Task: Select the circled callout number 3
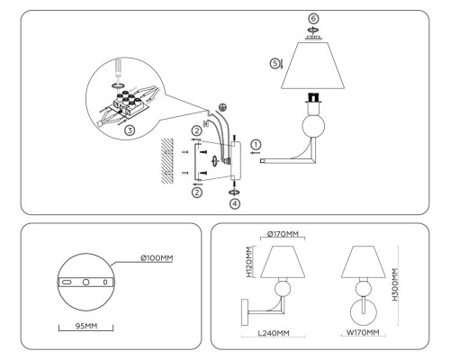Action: click(130, 130)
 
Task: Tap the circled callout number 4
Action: click(235, 204)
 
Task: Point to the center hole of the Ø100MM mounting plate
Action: click(86, 281)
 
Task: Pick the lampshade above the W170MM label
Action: click(364, 263)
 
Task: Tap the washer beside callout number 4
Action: click(235, 190)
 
